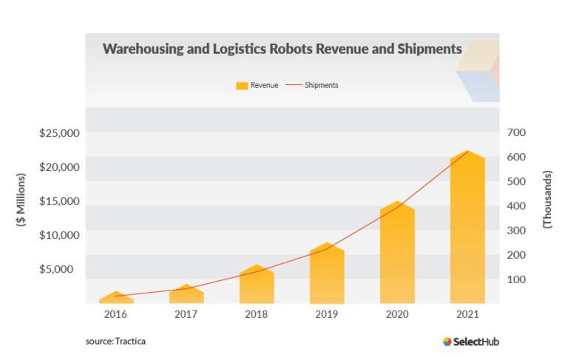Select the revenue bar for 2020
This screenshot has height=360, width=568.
(x=397, y=255)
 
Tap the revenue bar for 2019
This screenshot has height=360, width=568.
(x=327, y=275)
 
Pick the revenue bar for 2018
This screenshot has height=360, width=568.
(x=257, y=285)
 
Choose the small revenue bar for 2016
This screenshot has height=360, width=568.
(x=116, y=298)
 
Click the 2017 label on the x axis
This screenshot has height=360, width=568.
(x=186, y=314)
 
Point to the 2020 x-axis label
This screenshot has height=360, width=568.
(x=397, y=314)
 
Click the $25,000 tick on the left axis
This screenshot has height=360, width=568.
(x=60, y=133)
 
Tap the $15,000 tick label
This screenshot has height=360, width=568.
(x=60, y=201)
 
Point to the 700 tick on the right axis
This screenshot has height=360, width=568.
(x=516, y=132)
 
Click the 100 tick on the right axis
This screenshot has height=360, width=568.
(x=516, y=279)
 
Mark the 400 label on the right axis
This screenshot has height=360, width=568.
(x=516, y=206)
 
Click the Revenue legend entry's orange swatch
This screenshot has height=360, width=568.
(x=241, y=86)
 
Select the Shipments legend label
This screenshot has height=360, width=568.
(x=321, y=86)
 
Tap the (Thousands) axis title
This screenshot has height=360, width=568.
(x=547, y=200)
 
